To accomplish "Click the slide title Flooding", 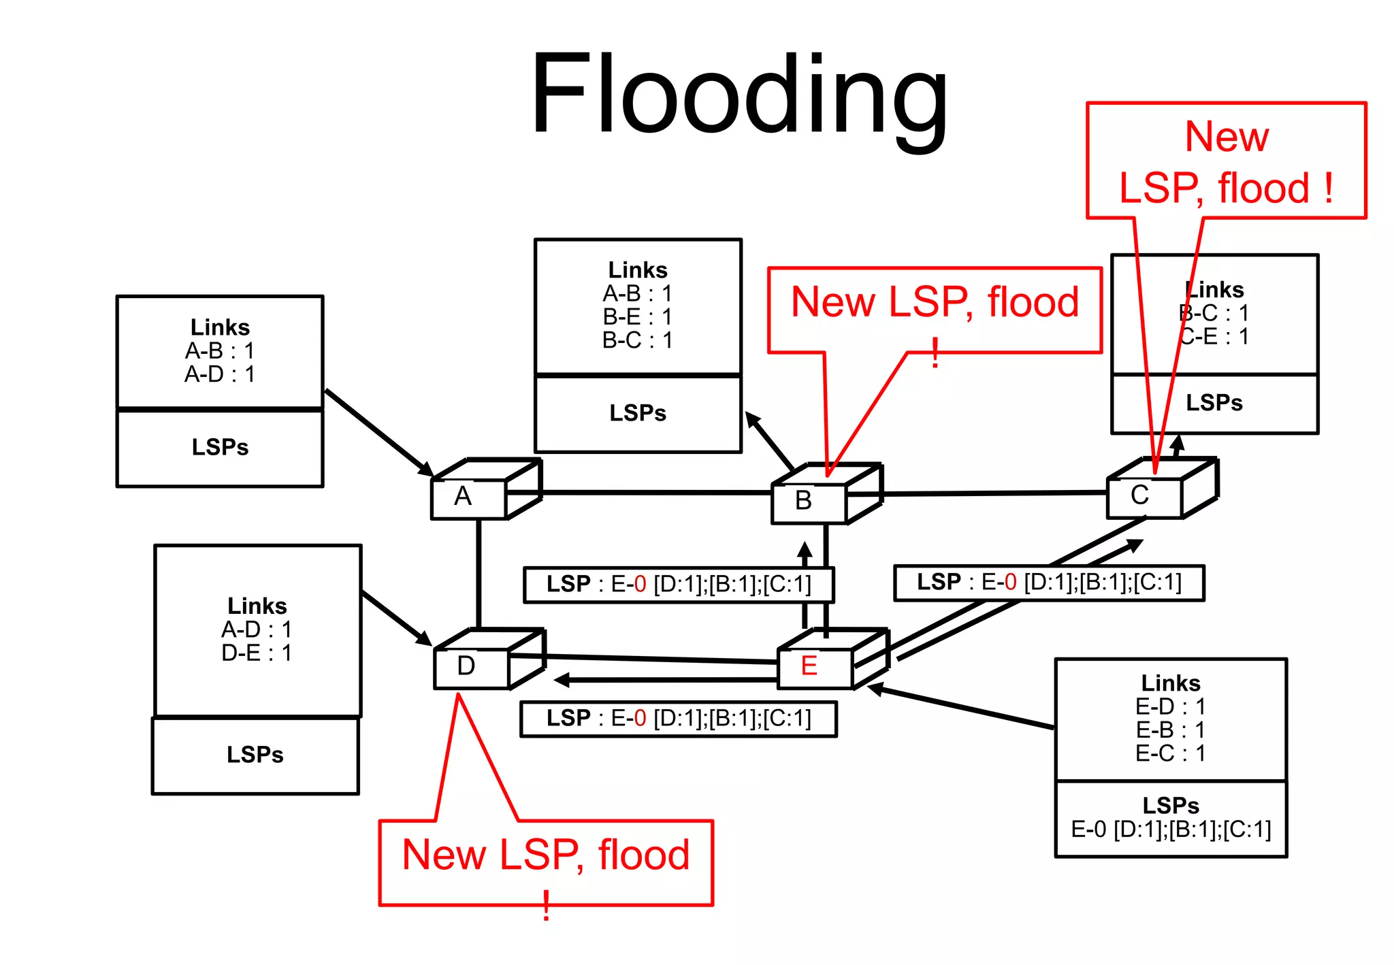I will click(x=739, y=95).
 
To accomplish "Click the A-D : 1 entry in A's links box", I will click(x=219, y=374).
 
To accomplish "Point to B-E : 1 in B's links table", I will click(x=637, y=317).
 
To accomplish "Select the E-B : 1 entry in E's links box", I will click(x=1170, y=730).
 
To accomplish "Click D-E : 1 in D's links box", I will click(x=256, y=653).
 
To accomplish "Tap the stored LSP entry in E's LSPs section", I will click(x=1170, y=830).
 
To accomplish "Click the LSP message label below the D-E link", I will click(x=678, y=719).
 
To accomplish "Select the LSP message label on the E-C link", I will click(x=1048, y=583).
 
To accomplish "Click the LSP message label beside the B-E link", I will click(x=678, y=585).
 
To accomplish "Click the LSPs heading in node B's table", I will click(x=637, y=413).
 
